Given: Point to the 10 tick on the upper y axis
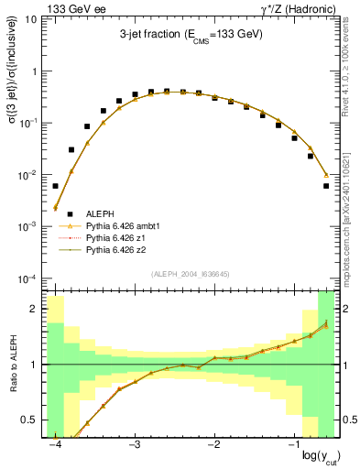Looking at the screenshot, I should point(31,18).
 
